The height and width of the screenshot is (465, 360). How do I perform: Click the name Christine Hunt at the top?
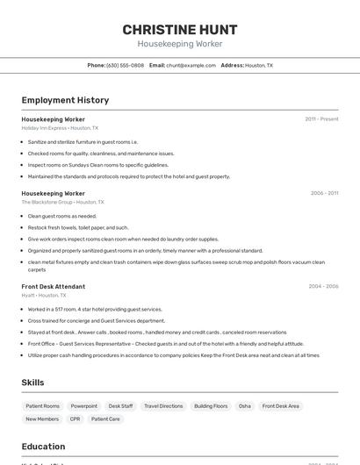(x=180, y=30)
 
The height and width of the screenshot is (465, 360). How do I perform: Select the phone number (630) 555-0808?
(x=125, y=65)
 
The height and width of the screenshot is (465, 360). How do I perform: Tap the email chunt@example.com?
(x=191, y=65)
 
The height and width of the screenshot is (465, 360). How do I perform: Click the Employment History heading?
(x=65, y=100)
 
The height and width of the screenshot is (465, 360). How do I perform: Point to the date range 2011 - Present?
(x=321, y=118)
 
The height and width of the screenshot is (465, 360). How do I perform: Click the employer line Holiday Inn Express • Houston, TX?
(x=60, y=128)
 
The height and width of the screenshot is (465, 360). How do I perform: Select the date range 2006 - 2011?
(x=324, y=193)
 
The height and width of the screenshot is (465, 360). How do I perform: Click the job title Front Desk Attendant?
(x=54, y=286)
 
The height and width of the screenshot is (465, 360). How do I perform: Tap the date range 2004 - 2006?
(x=323, y=286)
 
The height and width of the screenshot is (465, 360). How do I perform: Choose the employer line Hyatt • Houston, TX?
(x=44, y=296)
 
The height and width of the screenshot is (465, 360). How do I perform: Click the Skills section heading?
(x=32, y=383)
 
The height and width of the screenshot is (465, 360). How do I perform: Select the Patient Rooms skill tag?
(x=43, y=406)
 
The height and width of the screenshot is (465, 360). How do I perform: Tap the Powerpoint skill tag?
(x=84, y=406)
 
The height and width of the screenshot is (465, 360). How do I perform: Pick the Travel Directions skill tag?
(x=163, y=406)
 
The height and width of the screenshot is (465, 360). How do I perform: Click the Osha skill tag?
(x=245, y=406)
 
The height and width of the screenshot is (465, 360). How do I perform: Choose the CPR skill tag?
(x=76, y=419)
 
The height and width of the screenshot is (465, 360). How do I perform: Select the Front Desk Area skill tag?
(x=281, y=406)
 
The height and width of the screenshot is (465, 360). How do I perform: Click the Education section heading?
(x=43, y=447)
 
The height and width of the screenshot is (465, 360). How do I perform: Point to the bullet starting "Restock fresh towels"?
(x=77, y=227)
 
